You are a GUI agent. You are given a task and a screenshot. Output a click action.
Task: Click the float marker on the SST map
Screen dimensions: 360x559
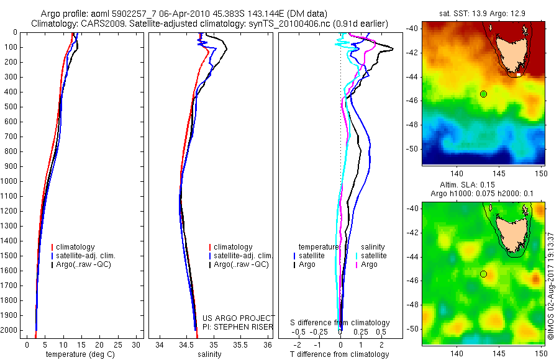click(483, 94)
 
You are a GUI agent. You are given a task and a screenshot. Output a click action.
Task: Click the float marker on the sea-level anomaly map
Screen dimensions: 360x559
click(483, 274)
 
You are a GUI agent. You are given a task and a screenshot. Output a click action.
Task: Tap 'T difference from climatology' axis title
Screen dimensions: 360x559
click(339, 355)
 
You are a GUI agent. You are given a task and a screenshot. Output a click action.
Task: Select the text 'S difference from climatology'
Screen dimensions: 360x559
click(340, 323)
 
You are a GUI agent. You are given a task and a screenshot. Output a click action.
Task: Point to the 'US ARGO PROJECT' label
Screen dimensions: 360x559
click(239, 318)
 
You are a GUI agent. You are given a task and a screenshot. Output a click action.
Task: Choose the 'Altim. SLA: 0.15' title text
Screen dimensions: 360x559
click(482, 186)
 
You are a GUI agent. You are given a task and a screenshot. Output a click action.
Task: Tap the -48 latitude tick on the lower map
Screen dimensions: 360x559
click(412, 305)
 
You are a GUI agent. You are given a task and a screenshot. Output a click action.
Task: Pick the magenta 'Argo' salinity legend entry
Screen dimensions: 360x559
click(369, 264)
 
